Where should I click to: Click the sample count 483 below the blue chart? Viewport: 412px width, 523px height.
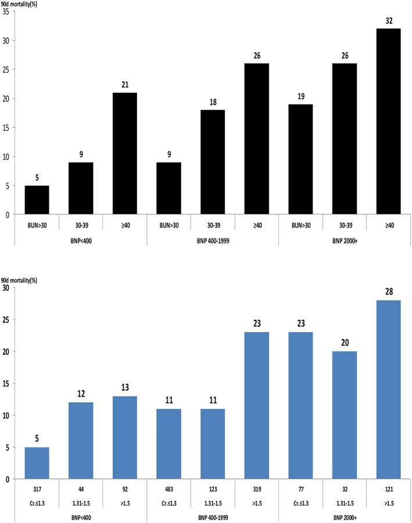pyautogui.click(x=166, y=488)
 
